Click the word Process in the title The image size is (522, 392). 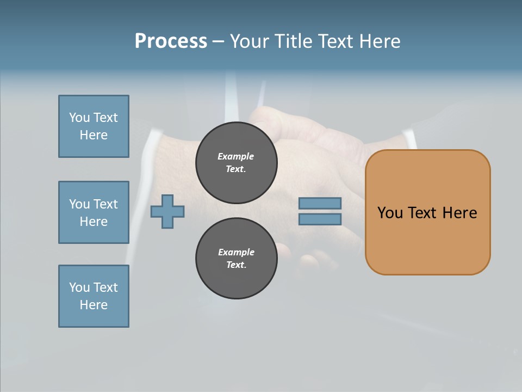point(171,41)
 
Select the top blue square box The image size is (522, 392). point(94,126)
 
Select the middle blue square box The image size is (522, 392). point(94,212)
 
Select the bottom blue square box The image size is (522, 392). point(94,296)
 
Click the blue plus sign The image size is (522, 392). point(167,211)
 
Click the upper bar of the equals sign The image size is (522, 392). point(320,203)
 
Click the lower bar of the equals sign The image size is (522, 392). point(320,219)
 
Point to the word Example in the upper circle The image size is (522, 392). point(236,156)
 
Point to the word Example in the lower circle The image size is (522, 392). point(236,252)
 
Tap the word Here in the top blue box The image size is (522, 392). point(94,135)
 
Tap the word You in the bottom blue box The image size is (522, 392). point(79,287)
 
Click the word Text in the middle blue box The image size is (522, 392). point(105,204)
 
